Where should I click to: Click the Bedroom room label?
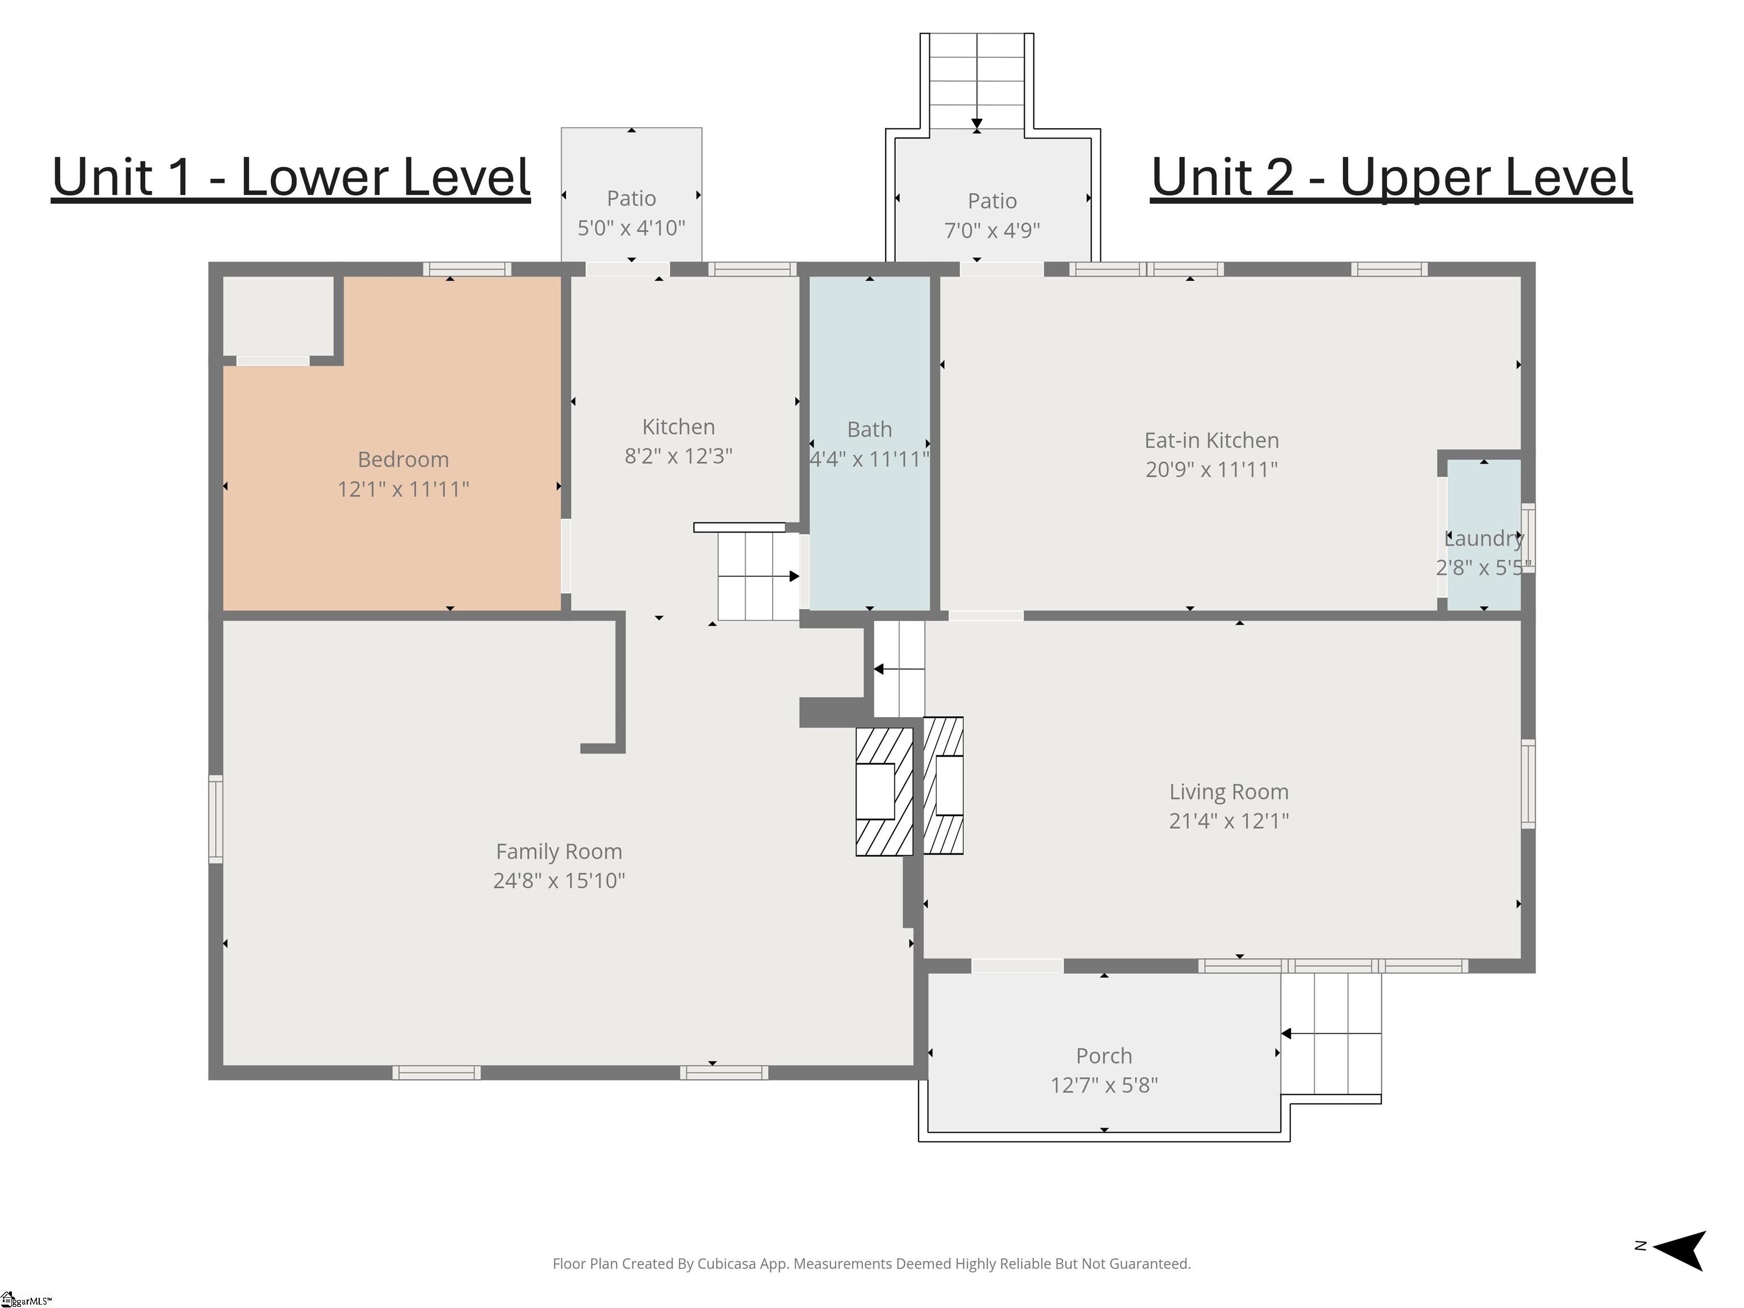403,460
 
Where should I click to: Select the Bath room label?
870,430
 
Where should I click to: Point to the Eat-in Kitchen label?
1212,440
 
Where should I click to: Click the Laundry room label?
1485,539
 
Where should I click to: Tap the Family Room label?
559,852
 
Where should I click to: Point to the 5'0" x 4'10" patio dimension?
631,228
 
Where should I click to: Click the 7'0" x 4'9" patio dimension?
992,230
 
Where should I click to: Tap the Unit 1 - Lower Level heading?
291,178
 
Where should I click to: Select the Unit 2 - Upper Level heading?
1391,178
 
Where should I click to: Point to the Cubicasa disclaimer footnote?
871,1264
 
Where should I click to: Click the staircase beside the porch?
1331,1034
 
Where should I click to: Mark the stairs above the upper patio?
977,81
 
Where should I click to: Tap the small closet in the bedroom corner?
278,316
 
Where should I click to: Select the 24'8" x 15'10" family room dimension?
559,881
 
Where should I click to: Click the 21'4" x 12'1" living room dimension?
1229,821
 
